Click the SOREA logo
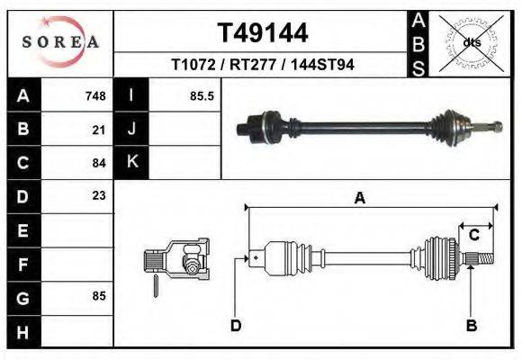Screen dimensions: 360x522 point(60,41)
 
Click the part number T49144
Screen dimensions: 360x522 point(263,33)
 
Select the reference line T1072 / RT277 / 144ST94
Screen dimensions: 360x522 point(263,65)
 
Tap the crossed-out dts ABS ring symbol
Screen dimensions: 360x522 point(471,42)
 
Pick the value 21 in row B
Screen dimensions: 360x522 point(99,130)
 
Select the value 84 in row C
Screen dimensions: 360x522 point(99,163)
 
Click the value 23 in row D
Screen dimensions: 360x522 point(99,195)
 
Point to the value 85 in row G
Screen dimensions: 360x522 point(99,295)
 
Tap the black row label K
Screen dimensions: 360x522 point(131,163)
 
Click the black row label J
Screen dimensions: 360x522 point(131,130)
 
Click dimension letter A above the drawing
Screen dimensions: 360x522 point(359,199)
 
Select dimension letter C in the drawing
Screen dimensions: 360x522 point(473,235)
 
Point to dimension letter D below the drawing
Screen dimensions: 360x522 point(236,325)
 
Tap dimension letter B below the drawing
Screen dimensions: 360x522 point(470,325)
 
